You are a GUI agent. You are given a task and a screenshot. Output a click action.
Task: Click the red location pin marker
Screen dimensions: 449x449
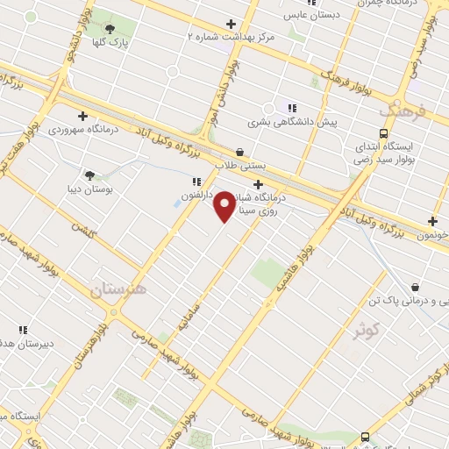(225, 204)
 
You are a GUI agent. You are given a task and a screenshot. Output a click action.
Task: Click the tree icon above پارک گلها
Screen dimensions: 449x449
(110, 29)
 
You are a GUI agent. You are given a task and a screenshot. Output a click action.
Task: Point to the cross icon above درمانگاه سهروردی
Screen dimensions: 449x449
(82, 115)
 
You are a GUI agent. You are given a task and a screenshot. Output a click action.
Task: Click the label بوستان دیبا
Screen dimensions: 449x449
(87, 188)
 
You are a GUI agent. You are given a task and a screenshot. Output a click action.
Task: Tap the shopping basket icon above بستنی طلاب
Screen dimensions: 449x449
(240, 151)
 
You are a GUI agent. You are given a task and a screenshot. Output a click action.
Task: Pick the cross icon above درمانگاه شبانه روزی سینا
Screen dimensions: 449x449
(258, 184)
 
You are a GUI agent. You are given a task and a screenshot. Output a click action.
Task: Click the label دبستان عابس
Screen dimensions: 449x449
(311, 15)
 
